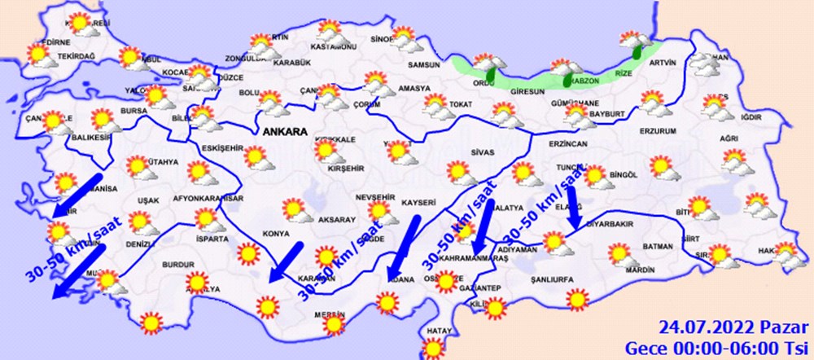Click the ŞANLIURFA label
tap(553, 278)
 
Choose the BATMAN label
tap(658, 246)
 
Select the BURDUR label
tap(177, 266)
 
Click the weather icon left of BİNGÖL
tap(595, 175)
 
